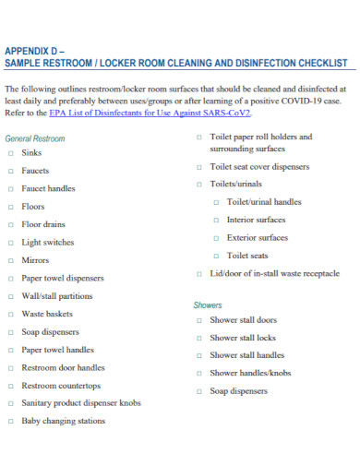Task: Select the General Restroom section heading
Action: (35, 138)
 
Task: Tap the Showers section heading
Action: (208, 305)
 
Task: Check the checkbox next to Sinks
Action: (11, 154)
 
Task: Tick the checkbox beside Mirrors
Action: (11, 260)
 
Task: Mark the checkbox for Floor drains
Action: (11, 224)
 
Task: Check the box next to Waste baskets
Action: (11, 314)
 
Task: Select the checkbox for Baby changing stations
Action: (11, 421)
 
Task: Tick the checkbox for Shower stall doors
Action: (198, 320)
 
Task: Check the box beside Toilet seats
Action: (216, 256)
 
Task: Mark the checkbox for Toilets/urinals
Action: (198, 184)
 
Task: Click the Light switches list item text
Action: (48, 242)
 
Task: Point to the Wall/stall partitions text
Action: (57, 296)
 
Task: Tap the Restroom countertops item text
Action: (61, 385)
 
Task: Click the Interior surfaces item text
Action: (256, 220)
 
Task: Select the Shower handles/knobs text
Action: (250, 373)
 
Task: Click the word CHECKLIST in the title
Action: (317, 64)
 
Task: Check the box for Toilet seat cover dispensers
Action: (198, 167)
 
